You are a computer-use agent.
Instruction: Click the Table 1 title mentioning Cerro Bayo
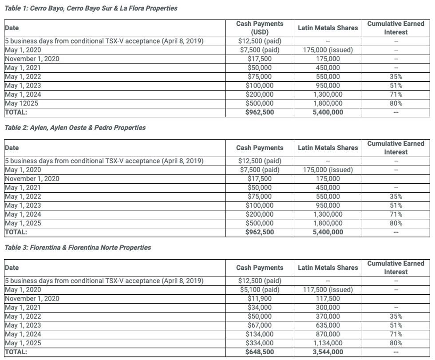91,8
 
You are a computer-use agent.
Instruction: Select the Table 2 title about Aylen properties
75,128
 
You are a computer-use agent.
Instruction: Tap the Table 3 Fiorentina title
78,248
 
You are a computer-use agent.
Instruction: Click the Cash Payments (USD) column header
260,28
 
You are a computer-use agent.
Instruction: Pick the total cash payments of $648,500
260,352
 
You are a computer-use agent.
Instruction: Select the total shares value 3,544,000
328,352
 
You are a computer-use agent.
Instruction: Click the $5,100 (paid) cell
260,290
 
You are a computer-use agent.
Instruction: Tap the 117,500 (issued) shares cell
328,290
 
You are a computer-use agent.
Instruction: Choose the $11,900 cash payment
260,299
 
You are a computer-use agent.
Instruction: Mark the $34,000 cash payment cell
260,308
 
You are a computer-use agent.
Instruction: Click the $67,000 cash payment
260,325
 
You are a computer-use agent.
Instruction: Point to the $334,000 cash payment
260,343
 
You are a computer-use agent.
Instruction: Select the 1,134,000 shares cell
328,343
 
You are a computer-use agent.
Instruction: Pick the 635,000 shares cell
328,325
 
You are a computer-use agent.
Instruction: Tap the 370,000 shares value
328,316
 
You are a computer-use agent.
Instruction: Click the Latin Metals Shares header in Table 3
328,268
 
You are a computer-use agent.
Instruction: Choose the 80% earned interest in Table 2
396,223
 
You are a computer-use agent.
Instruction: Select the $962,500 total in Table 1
260,112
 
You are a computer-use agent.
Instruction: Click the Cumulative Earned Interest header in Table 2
396,147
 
